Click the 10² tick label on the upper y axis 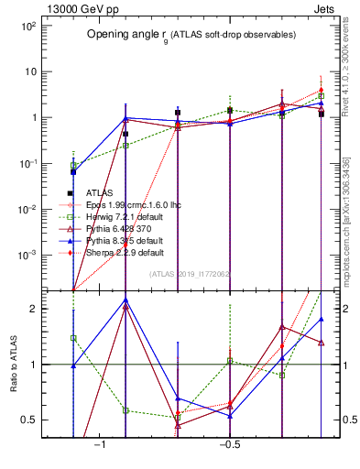pos(27,27)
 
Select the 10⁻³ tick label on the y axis pos(27,254)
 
